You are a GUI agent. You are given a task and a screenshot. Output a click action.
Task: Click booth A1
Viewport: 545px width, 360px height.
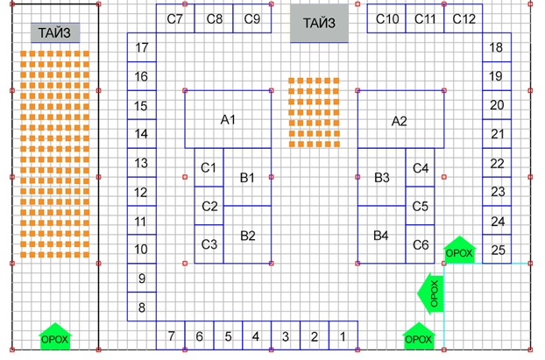tap(228, 119)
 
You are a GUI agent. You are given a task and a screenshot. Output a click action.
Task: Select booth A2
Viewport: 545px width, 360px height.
tap(400, 120)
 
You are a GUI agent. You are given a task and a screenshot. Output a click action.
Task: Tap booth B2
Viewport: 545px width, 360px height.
tap(247, 235)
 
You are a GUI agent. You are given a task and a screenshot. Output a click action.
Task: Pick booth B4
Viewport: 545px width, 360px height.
tap(381, 235)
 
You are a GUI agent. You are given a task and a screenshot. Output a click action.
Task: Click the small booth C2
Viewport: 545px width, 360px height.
tap(209, 207)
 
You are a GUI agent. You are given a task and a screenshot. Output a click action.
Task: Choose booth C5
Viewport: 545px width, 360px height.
tap(420, 207)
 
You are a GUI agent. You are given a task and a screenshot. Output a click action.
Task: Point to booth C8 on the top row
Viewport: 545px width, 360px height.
tap(214, 19)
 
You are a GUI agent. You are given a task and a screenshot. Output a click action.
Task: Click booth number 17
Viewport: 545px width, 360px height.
tap(142, 48)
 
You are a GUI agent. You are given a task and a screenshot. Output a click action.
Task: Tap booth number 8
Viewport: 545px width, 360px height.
tap(142, 307)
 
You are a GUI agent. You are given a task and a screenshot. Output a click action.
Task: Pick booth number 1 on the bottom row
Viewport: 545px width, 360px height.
tap(343, 335)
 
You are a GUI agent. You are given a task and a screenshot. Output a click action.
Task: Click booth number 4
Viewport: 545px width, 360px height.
tap(257, 335)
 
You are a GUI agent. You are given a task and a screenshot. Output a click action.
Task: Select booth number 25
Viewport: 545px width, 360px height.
tap(498, 250)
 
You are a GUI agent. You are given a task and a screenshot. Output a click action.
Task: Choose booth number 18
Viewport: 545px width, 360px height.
tap(497, 48)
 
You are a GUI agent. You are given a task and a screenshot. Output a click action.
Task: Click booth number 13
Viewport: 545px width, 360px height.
tap(141, 164)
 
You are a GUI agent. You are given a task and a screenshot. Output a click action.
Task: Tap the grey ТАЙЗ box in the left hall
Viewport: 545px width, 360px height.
tap(55, 33)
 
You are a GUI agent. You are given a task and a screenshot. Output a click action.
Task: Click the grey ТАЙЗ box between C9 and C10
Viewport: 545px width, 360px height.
tap(319, 25)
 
